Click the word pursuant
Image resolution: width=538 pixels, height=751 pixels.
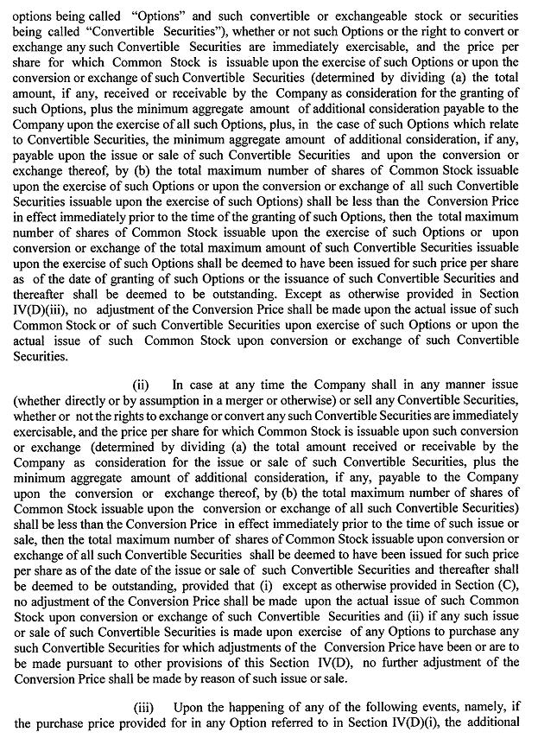coord(98,663)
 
